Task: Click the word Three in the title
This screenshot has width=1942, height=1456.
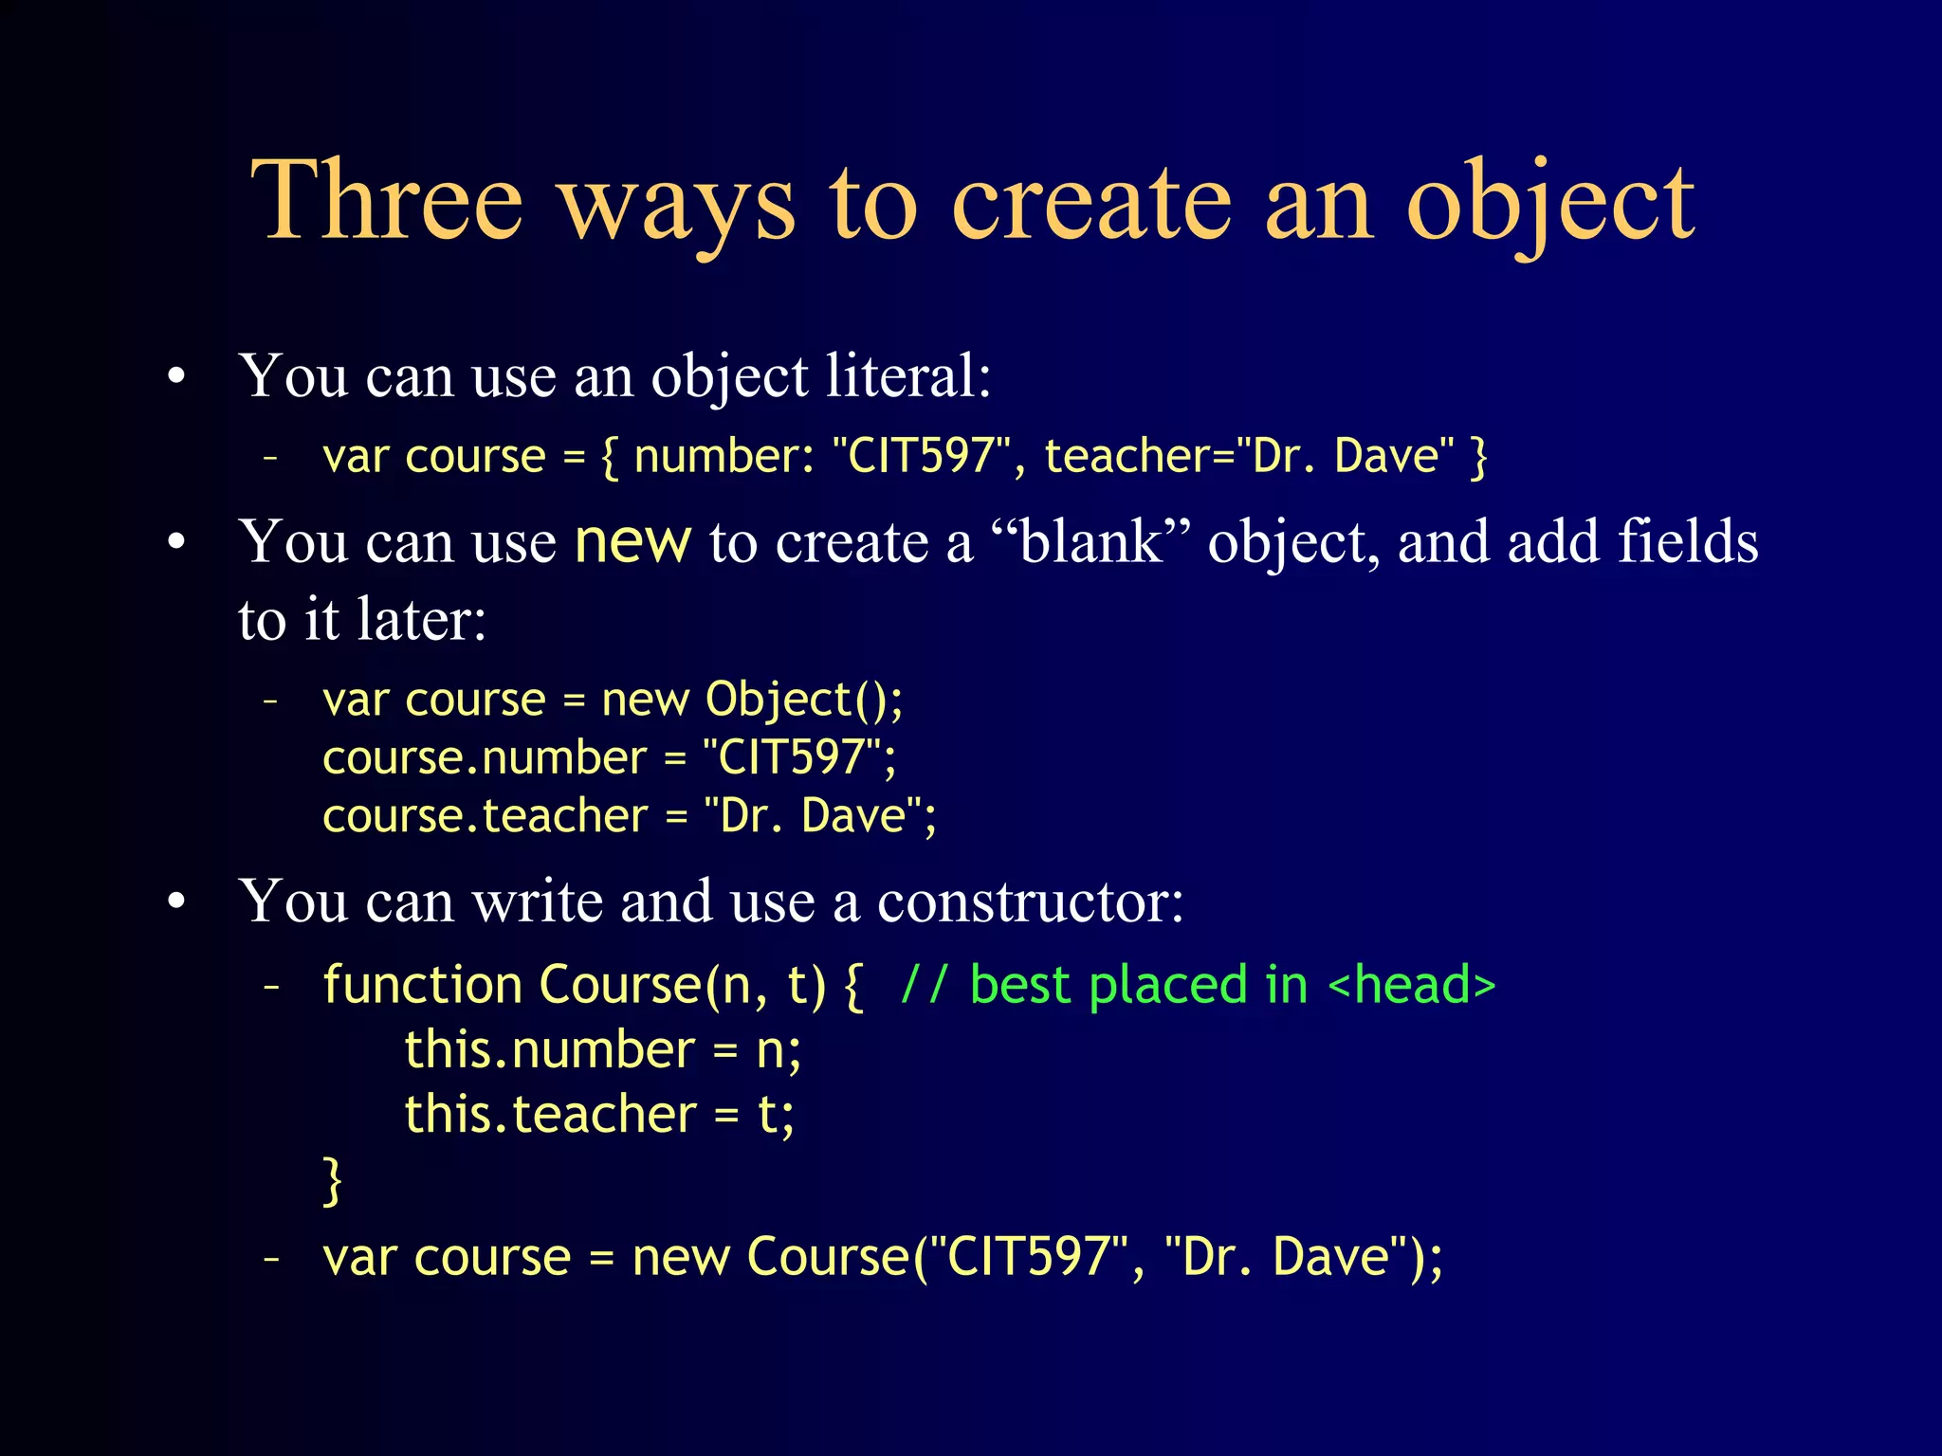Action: coord(387,201)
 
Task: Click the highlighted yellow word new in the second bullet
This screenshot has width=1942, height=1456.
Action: coord(632,542)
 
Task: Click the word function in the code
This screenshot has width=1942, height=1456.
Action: coord(422,985)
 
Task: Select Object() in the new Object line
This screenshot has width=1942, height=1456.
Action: coord(803,701)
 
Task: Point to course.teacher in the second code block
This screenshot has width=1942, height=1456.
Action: coord(485,816)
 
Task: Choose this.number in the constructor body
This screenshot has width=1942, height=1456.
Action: coord(550,1050)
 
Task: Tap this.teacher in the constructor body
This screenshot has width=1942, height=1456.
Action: coord(550,1115)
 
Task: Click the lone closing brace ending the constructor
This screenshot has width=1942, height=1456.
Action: coord(332,1181)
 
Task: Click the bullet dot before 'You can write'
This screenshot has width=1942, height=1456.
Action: coord(176,902)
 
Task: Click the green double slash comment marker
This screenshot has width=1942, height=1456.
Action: coord(924,985)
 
